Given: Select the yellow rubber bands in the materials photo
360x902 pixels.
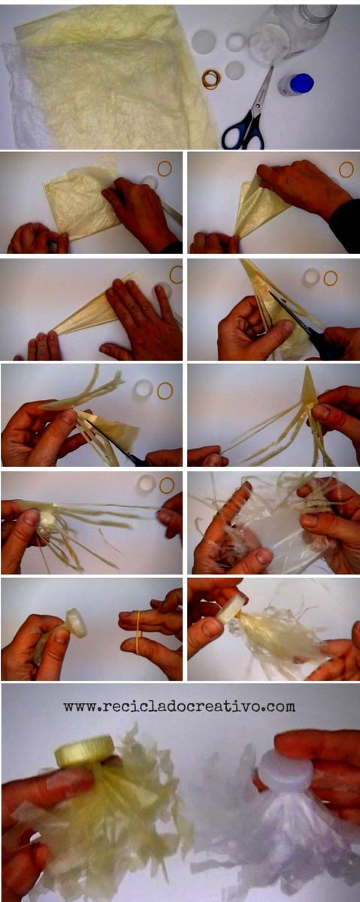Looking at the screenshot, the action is tap(211, 78).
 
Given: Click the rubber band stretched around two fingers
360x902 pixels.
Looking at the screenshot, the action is tap(139, 633).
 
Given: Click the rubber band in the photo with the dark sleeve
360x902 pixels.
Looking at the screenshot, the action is tap(346, 170).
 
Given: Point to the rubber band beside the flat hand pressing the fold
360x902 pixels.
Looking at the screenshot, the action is tap(177, 274).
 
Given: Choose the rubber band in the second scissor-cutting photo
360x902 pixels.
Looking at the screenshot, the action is tap(165, 391).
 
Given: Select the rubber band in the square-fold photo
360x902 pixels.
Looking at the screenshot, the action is tap(165, 168).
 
